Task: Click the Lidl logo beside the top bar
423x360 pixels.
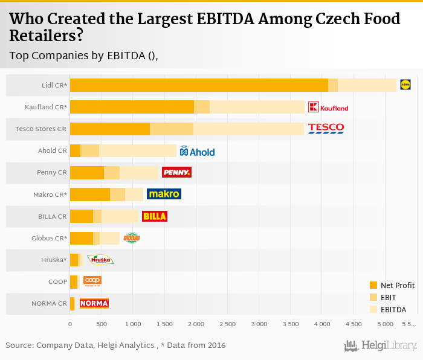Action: [405, 85]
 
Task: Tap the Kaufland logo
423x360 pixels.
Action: [328, 108]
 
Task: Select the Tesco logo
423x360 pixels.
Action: [326, 128]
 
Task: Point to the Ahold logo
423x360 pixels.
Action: [197, 151]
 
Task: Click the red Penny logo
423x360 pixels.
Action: [176, 173]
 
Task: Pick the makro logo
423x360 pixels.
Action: [164, 194]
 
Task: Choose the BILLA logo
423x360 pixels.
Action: [154, 216]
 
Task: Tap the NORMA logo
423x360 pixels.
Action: [94, 303]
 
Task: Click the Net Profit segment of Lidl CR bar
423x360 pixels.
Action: [199, 85]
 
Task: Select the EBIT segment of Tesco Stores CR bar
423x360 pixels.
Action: [172, 129]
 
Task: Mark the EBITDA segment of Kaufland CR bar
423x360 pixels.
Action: [257, 107]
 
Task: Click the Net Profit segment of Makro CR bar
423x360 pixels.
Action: [90, 194]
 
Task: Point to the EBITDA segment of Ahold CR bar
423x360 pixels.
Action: [138, 150]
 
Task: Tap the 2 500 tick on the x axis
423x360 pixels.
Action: [227, 324]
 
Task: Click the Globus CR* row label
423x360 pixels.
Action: [49, 238]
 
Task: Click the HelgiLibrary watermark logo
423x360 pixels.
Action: [380, 346]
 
